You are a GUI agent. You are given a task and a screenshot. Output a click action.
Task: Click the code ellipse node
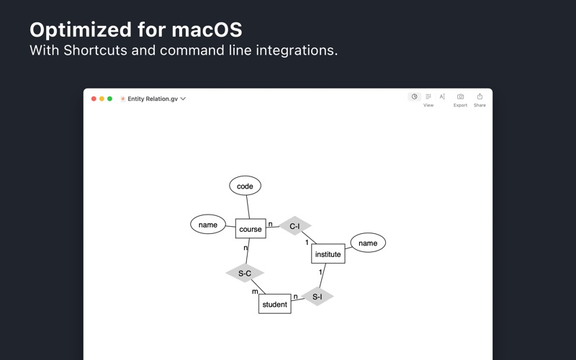click(x=245, y=186)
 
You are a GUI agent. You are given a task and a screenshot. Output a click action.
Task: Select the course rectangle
click(x=251, y=229)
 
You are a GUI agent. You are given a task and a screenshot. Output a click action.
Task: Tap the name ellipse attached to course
click(x=208, y=225)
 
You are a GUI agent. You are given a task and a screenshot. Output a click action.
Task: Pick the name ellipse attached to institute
click(x=368, y=243)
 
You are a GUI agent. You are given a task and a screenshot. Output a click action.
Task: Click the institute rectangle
click(x=328, y=254)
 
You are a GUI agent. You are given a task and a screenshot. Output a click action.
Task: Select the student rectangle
click(x=274, y=304)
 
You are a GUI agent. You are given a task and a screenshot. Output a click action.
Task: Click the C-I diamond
click(x=294, y=226)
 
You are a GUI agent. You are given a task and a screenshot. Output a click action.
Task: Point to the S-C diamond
click(x=245, y=273)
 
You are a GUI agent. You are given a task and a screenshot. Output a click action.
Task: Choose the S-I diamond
click(x=318, y=296)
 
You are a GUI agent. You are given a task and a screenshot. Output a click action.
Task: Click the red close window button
click(x=94, y=99)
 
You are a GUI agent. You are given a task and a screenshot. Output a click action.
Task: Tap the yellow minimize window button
click(x=102, y=99)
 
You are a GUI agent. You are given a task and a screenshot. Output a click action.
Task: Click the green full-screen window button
click(x=109, y=99)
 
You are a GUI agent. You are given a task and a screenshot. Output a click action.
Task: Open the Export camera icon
click(x=460, y=96)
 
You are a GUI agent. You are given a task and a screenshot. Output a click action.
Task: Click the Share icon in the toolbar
click(x=480, y=96)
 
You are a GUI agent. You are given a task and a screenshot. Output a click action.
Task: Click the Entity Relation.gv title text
click(x=153, y=99)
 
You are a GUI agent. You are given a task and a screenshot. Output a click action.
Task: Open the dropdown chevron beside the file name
click(x=184, y=99)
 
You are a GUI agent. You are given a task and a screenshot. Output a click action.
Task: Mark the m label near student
click(x=255, y=292)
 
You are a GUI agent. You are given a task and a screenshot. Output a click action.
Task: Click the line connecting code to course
click(x=248, y=207)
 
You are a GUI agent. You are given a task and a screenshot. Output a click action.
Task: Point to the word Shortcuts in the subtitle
click(x=93, y=50)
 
